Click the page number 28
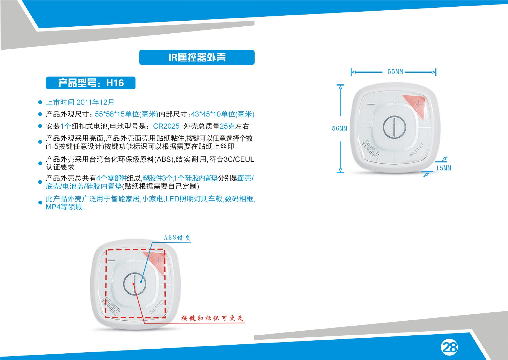pyautogui.click(x=450, y=347)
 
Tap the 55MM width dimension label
pyautogui.click(x=395, y=72)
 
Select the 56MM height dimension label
pyautogui.click(x=339, y=128)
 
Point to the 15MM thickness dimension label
pyautogui.click(x=444, y=168)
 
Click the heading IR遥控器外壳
pyautogui.click(x=197, y=57)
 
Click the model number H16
pyautogui.click(x=115, y=83)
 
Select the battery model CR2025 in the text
pyautogui.click(x=166, y=126)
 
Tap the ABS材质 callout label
pyautogui.click(x=177, y=237)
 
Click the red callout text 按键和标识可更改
pyautogui.click(x=212, y=318)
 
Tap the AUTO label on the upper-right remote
pyautogui.click(x=416, y=150)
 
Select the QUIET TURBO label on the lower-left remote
pyautogui.click(x=111, y=306)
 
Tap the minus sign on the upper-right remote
pyautogui.click(x=371, y=104)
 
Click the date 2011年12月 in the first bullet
pyautogui.click(x=95, y=102)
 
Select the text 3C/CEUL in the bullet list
pyautogui.click(x=239, y=159)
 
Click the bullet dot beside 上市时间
pyautogui.click(x=40, y=102)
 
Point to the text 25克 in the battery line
pyautogui.click(x=227, y=126)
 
